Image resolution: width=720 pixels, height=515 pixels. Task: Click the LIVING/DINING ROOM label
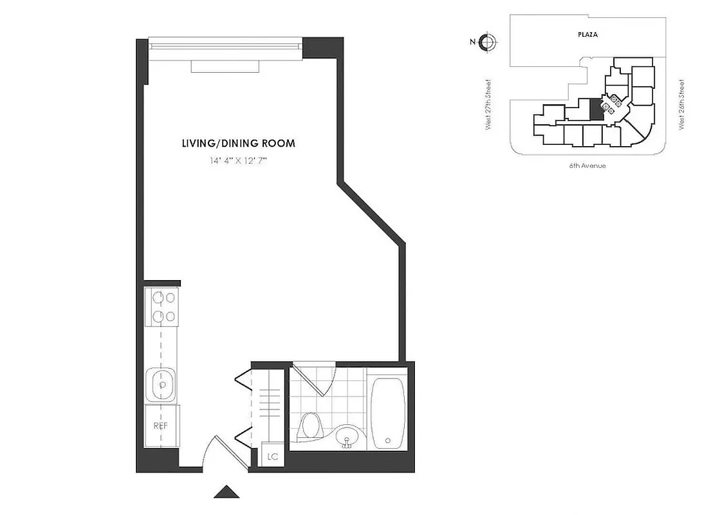pyautogui.click(x=239, y=144)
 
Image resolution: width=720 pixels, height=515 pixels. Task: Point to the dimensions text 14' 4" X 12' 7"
pyautogui.click(x=238, y=161)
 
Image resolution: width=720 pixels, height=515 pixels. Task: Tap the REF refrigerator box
pyautogui.click(x=160, y=426)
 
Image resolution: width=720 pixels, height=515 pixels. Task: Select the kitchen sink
pyautogui.click(x=162, y=385)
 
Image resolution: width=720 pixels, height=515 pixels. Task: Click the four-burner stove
pyautogui.click(x=162, y=307)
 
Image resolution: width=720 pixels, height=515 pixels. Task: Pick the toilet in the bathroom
pyautogui.click(x=311, y=427)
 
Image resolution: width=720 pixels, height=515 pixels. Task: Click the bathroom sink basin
pyautogui.click(x=347, y=438)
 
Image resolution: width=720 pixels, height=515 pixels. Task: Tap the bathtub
pyautogui.click(x=387, y=412)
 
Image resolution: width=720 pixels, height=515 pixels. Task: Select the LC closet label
pyautogui.click(x=273, y=457)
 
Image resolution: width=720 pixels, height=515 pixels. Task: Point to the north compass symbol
pyautogui.click(x=488, y=42)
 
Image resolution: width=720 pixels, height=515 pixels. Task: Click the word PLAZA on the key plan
pyautogui.click(x=587, y=35)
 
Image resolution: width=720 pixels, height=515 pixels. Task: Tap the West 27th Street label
pyautogui.click(x=489, y=104)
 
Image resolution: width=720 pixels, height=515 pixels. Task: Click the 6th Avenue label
pyautogui.click(x=587, y=165)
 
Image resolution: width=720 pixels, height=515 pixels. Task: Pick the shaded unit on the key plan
pyautogui.click(x=596, y=109)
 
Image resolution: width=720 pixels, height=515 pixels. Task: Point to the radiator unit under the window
pyautogui.click(x=225, y=66)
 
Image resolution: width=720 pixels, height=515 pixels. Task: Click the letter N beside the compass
pyautogui.click(x=473, y=42)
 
